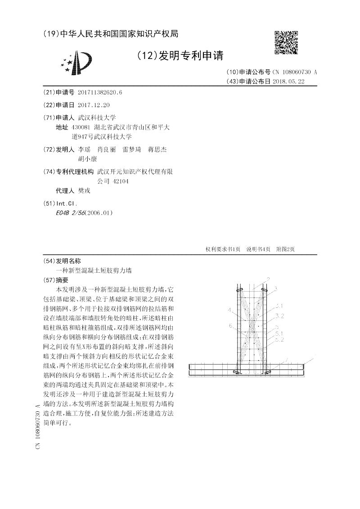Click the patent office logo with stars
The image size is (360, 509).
(77, 63)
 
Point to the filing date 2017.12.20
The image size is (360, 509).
(94, 105)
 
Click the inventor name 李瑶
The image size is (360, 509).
(85, 149)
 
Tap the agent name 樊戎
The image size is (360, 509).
(84, 190)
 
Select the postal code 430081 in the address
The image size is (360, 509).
(82, 127)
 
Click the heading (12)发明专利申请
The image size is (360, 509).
(180, 56)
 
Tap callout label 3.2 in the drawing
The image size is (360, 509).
(279, 315)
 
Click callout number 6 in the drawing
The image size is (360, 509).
(230, 325)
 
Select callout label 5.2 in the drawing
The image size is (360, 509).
(279, 339)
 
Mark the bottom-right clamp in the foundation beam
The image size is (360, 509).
(268, 372)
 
